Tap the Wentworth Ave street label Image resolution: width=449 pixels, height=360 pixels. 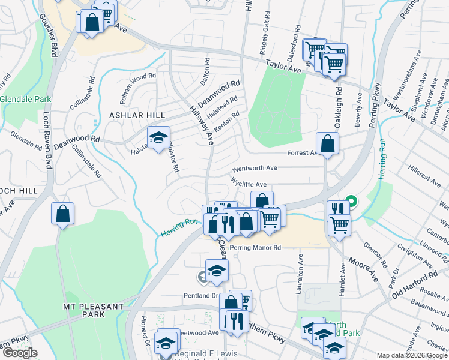(x=255, y=169)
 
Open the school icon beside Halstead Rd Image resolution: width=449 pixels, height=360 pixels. (x=159, y=138)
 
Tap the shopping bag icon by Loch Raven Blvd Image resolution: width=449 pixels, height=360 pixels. (x=62, y=214)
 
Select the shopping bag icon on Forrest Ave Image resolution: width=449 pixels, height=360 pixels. (x=327, y=144)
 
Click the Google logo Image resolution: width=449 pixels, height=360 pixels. (x=20, y=353)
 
